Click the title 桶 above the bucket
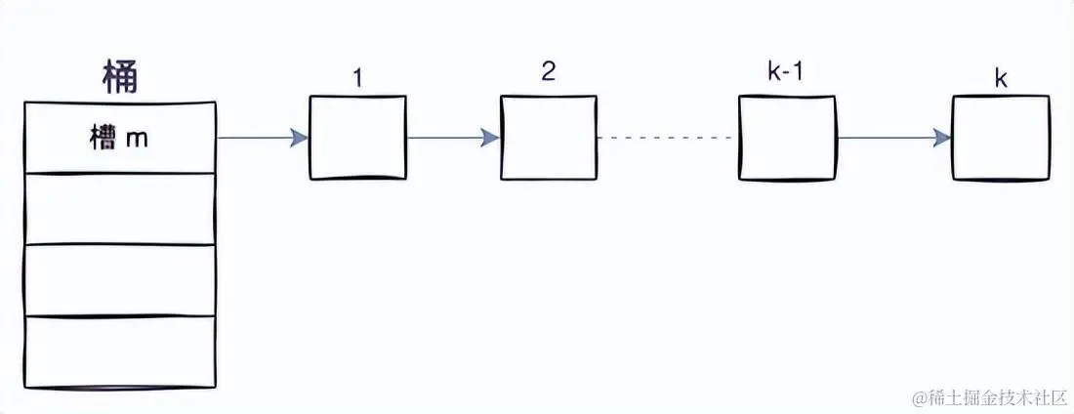pos(120,77)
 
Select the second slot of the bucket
pos(119,209)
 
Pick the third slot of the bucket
pos(119,280)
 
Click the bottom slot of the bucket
pos(119,351)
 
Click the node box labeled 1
pos(357,138)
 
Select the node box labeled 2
pos(549,138)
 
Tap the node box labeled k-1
pos(787,138)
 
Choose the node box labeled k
pos(1001,138)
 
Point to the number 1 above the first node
pos(357,78)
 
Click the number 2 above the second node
pos(549,74)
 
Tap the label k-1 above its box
pos(786,73)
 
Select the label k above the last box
pos(1001,79)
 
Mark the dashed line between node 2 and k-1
pos(668,138)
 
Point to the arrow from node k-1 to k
pos(893,138)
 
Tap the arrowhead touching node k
pos(943,138)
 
